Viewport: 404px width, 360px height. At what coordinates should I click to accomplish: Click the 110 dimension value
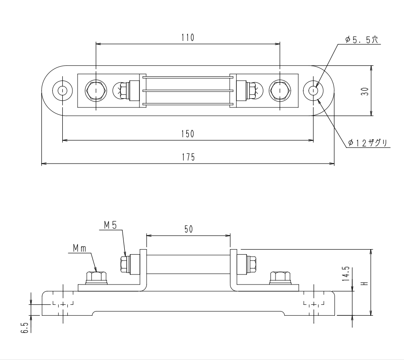pyautogui.click(x=187, y=38)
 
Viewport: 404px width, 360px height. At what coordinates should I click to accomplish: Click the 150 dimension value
pyautogui.click(x=187, y=134)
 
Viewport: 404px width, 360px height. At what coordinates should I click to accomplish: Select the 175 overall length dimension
pyautogui.click(x=188, y=157)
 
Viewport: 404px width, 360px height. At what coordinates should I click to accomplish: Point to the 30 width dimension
pyautogui.click(x=365, y=91)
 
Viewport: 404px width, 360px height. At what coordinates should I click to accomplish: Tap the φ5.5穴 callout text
pyautogui.click(x=361, y=40)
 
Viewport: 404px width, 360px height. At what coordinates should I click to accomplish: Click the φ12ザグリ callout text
pyautogui.click(x=367, y=142)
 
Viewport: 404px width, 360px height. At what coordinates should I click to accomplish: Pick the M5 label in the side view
pyautogui.click(x=110, y=226)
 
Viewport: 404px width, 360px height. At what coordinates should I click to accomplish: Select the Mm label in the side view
pyautogui.click(x=80, y=248)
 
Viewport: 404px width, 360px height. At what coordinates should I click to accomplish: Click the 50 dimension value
pyautogui.click(x=189, y=229)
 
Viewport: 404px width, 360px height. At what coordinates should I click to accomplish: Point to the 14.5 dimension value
pyautogui.click(x=347, y=274)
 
